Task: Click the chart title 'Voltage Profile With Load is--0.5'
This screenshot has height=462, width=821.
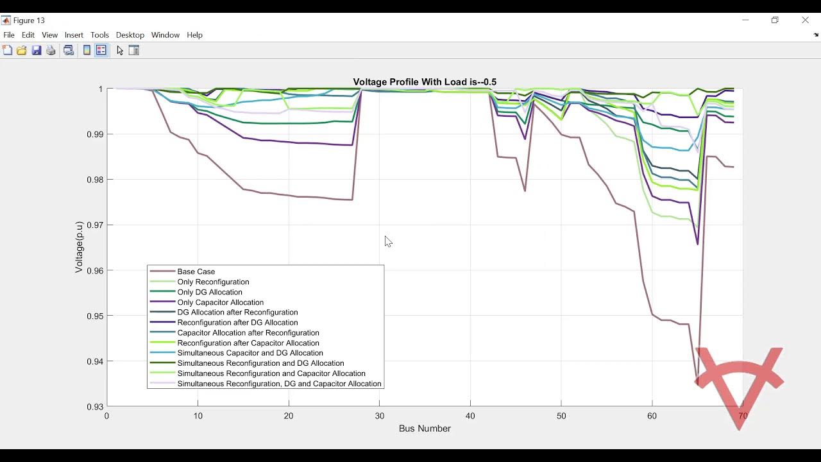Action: click(425, 82)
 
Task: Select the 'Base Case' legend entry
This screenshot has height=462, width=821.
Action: click(196, 271)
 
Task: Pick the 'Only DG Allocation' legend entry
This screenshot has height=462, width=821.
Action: click(210, 292)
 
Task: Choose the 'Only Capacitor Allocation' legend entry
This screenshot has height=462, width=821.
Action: click(220, 302)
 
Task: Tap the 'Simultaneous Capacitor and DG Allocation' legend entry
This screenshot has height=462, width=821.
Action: click(250, 353)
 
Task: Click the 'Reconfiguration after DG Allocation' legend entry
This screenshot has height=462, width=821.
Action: click(237, 323)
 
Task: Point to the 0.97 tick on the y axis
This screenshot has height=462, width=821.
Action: click(94, 225)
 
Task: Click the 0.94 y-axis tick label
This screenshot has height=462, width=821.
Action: click(94, 361)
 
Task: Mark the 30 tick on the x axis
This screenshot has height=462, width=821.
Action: click(380, 416)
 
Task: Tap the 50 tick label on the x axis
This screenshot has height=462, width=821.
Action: click(561, 416)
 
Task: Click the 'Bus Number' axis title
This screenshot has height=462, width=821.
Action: click(425, 429)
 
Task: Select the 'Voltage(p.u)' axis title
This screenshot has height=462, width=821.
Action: click(79, 248)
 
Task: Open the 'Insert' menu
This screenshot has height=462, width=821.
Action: click(74, 35)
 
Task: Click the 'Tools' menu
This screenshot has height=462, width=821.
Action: click(99, 35)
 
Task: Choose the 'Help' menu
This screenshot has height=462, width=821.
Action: click(194, 35)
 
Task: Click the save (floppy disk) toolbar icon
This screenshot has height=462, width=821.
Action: click(37, 51)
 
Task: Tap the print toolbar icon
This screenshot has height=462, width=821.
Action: click(51, 51)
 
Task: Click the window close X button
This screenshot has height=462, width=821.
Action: click(805, 21)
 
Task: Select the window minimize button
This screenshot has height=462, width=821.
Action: click(745, 21)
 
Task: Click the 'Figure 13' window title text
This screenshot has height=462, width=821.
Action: click(29, 21)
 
